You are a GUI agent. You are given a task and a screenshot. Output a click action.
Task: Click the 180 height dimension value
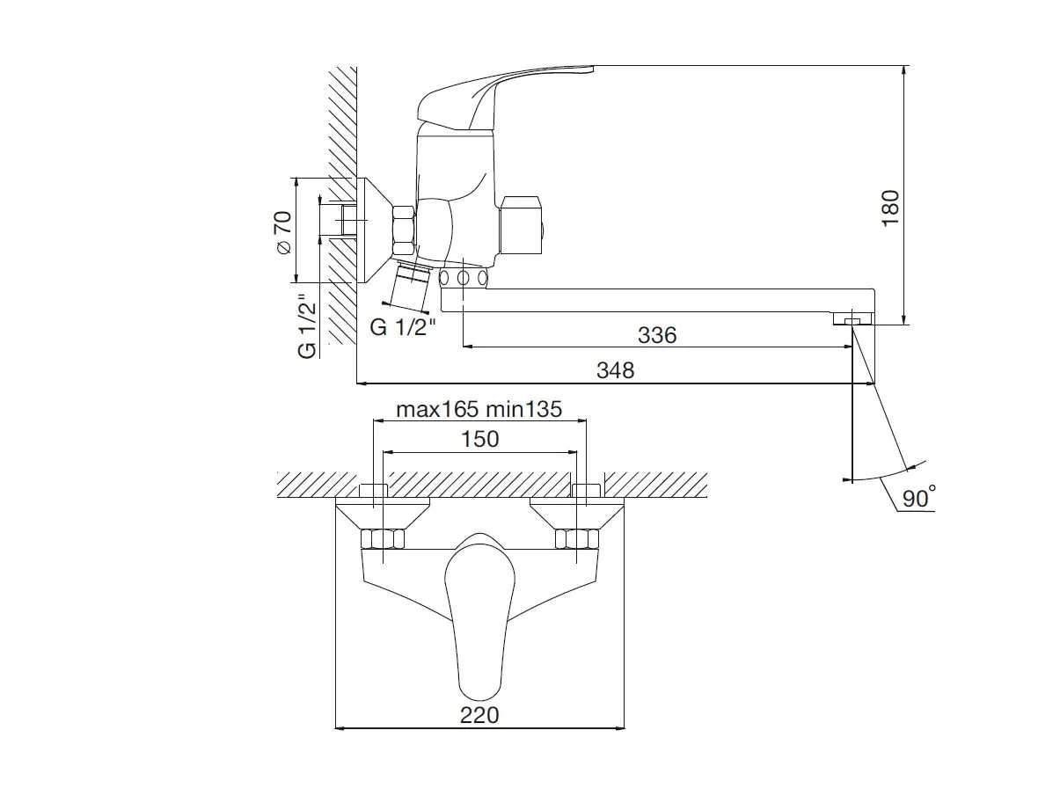(891, 208)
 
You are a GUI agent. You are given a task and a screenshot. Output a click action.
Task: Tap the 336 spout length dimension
(657, 335)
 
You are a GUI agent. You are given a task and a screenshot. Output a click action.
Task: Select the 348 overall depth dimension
(615, 370)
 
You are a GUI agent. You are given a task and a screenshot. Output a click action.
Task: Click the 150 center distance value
(480, 439)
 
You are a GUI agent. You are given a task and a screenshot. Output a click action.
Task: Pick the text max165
(437, 410)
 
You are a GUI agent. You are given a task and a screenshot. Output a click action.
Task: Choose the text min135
(524, 410)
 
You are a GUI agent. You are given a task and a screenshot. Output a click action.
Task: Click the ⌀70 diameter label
(283, 232)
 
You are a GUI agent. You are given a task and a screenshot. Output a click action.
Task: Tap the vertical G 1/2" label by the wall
(308, 326)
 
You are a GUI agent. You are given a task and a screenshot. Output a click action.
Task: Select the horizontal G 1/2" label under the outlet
(403, 327)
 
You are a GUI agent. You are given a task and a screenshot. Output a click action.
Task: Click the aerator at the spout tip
(852, 318)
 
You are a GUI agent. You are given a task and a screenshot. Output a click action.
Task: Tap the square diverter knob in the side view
(522, 225)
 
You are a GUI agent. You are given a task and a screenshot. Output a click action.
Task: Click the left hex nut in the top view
(383, 539)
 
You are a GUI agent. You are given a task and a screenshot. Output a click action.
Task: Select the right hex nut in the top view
(577, 539)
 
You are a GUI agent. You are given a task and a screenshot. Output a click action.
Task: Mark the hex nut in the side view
(404, 231)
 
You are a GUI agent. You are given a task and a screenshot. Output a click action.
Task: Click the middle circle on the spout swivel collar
(463, 278)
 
